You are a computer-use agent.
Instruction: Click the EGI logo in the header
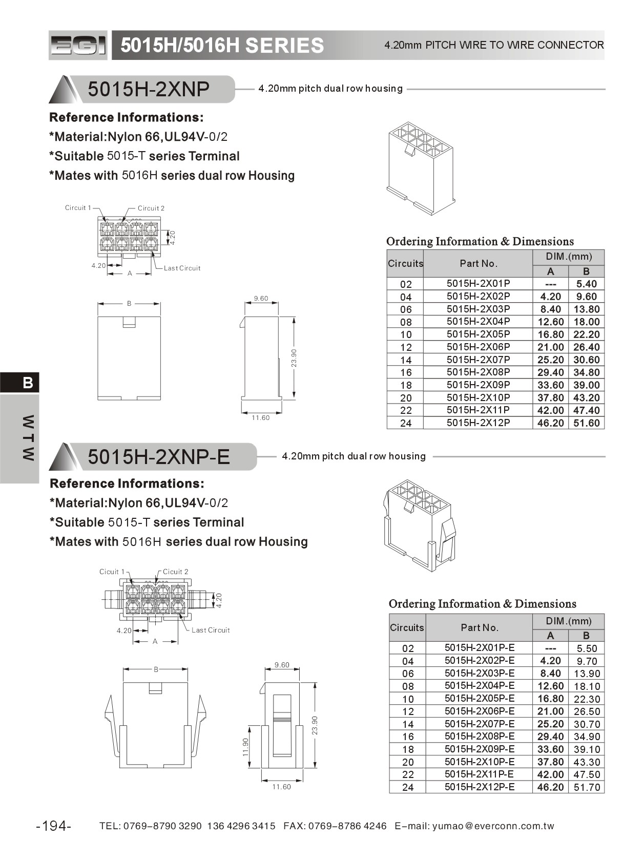78,46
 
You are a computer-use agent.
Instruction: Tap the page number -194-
54,826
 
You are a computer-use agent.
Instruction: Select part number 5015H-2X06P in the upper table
478,347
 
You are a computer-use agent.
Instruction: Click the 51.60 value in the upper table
586,423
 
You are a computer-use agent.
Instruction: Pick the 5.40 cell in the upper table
586,284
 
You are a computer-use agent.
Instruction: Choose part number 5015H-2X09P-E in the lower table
480,749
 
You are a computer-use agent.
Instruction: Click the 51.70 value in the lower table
587,787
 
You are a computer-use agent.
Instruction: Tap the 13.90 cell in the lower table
587,674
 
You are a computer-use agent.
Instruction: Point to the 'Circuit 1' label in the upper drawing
78,207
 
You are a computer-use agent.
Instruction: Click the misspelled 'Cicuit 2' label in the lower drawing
175,572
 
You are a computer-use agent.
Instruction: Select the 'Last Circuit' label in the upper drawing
182,268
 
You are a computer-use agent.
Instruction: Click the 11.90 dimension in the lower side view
245,747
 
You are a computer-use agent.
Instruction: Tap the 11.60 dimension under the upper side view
260,418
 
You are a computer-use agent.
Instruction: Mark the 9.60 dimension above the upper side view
261,298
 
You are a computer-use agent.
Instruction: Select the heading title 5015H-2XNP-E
159,456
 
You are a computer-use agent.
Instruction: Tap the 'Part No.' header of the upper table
478,263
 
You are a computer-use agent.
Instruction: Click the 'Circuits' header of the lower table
407,627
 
